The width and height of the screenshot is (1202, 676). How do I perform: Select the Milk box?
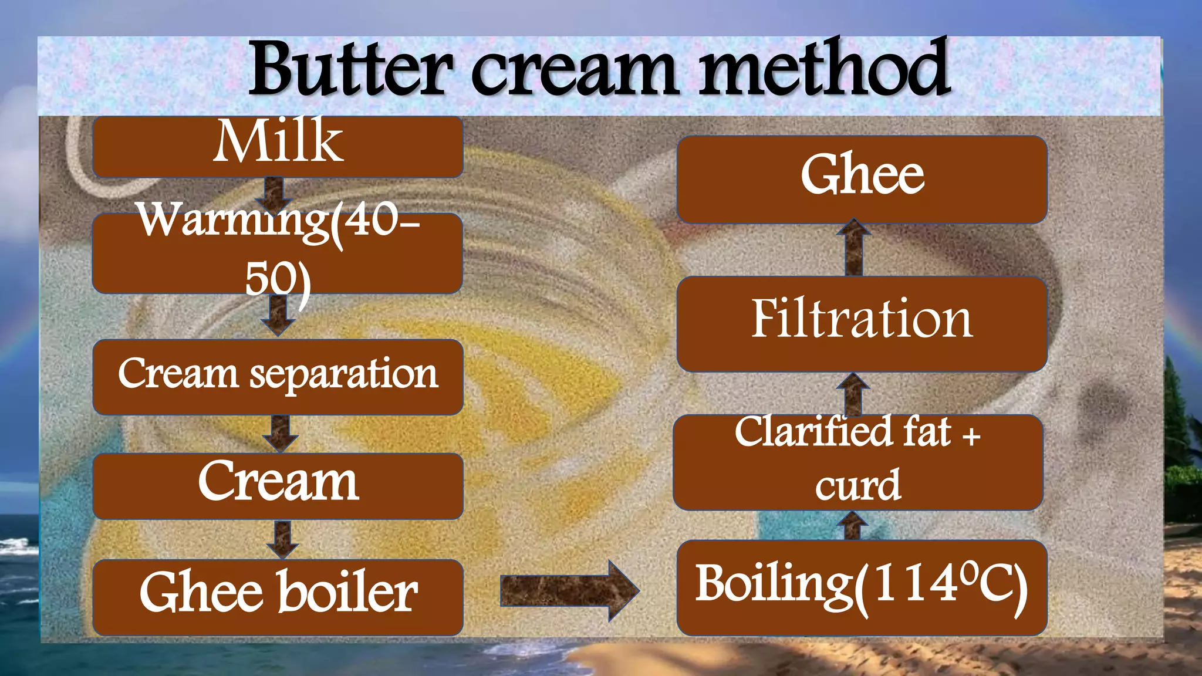[278, 147]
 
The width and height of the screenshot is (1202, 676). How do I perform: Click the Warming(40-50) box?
[278, 253]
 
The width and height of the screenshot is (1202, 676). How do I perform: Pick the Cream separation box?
[278, 377]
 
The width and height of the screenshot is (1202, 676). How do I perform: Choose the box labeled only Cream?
[278, 485]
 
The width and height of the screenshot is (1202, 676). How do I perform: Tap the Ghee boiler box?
[278, 597]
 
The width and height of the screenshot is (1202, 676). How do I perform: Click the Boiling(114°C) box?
[862, 587]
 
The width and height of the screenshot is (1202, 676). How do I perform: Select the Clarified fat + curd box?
[857, 462]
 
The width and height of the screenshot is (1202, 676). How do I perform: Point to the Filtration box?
[862, 324]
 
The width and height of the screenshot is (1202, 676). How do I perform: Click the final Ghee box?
[862, 179]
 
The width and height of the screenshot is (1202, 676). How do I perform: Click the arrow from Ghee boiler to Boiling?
[569, 590]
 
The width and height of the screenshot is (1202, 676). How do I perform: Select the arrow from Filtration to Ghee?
[854, 248]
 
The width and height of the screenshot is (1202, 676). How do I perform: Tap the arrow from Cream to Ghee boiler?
[282, 539]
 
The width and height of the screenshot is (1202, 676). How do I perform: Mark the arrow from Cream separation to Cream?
[281, 434]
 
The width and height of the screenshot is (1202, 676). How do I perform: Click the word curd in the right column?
[857, 485]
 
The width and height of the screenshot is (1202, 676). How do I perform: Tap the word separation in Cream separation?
[344, 374]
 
